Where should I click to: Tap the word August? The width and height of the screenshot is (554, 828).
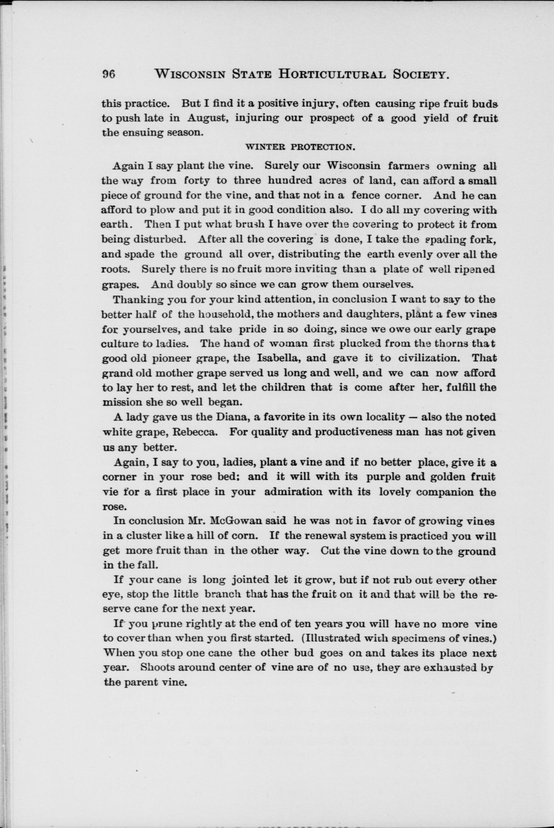pyautogui.click(x=206, y=118)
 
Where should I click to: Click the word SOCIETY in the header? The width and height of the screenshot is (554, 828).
pyautogui.click(x=422, y=75)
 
